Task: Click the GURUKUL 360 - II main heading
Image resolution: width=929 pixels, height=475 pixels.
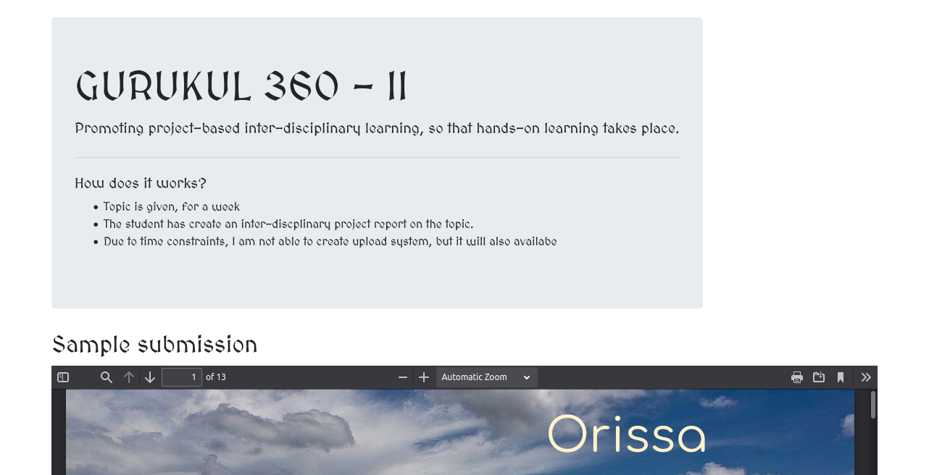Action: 241,86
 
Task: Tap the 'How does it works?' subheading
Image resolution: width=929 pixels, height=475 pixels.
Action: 141,183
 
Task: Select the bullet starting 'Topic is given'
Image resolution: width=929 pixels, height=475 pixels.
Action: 172,207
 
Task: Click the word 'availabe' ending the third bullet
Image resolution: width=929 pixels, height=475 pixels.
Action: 535,242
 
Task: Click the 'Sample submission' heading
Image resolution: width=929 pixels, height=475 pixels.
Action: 154,345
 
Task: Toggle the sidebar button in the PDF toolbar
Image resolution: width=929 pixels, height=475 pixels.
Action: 63,377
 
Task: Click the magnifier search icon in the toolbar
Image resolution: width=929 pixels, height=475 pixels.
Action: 107,377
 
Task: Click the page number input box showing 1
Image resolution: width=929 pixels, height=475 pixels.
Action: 181,377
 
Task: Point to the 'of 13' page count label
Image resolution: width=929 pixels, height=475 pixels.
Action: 216,377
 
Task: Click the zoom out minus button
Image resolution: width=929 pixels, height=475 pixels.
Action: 403,377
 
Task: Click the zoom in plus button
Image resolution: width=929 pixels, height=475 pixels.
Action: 424,377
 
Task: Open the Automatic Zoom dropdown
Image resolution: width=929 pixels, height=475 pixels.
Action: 486,377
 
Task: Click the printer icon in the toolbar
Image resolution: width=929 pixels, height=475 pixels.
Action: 797,377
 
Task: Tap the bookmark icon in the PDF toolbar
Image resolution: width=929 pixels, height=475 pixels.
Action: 841,377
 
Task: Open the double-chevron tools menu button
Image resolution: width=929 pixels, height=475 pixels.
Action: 866,377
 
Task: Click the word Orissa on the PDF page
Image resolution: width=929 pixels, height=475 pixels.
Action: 626,434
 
